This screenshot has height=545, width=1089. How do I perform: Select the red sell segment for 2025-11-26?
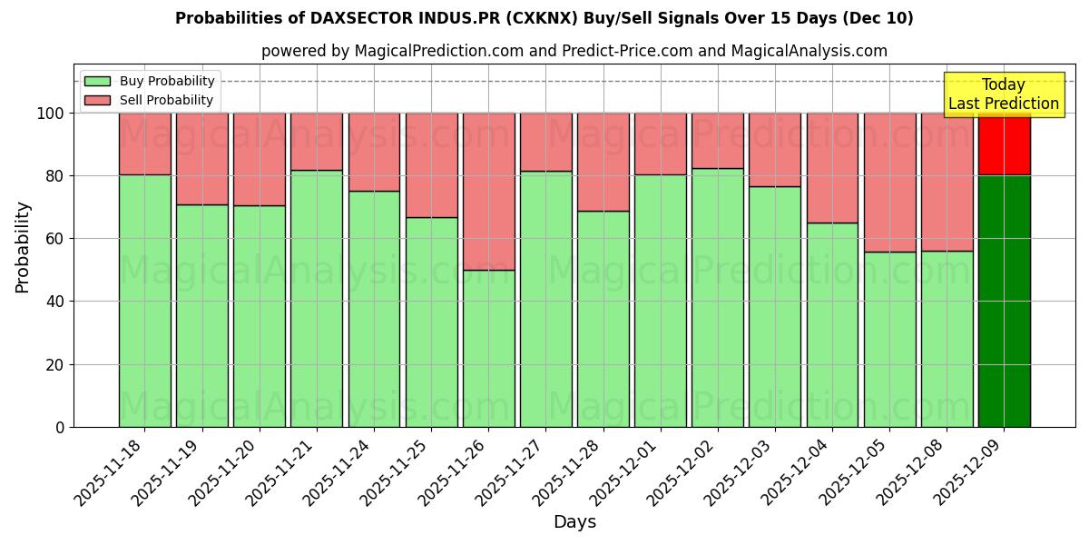(488, 191)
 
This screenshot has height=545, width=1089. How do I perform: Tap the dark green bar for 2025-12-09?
(1004, 300)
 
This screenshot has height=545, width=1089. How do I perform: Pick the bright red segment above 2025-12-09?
(1004, 144)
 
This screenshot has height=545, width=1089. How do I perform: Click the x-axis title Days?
(574, 522)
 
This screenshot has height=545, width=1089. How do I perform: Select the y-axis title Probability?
(23, 247)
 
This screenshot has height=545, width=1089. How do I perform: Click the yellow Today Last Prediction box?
(1004, 94)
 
